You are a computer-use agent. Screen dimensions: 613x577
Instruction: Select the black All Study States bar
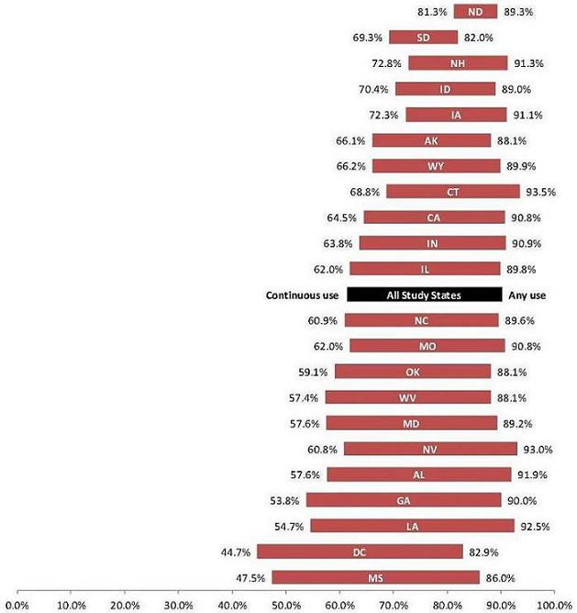pos(424,295)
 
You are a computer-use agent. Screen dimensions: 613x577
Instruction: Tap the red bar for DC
pos(359,552)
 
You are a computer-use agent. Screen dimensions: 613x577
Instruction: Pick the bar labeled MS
pos(374,577)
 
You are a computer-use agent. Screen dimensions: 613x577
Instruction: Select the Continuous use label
pos(303,295)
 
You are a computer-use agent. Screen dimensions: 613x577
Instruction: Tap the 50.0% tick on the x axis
pos(285,605)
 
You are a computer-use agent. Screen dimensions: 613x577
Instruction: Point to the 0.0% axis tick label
pos(17,605)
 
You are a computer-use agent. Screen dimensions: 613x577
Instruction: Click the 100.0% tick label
pos(552,605)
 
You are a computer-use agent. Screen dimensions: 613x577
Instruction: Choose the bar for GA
pos(404,500)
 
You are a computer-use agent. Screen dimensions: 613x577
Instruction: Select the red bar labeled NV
pos(430,449)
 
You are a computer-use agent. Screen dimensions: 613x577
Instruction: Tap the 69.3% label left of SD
pos(367,38)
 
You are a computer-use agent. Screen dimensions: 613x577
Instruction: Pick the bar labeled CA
pos(434,217)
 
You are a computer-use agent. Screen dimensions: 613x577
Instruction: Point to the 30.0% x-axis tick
pos(178,605)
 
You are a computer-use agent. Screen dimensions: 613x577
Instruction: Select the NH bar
pos(457,63)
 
